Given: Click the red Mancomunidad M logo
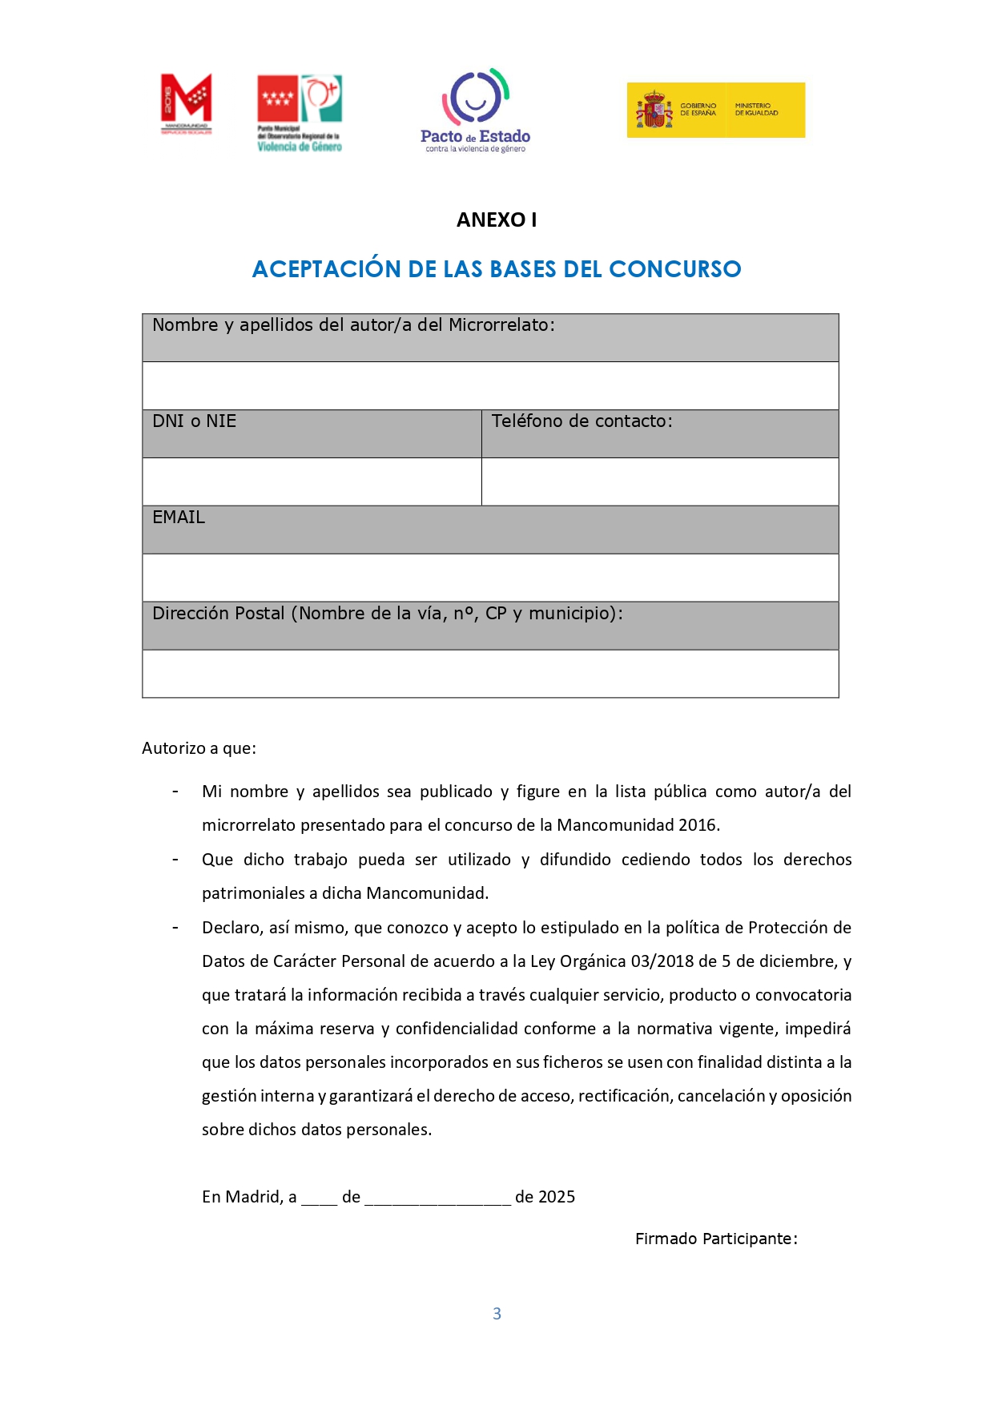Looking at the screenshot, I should click(186, 103).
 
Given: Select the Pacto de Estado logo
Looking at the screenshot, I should click(476, 110).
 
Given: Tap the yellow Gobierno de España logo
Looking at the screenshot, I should click(715, 110).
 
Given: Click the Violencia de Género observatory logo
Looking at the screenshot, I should click(300, 113).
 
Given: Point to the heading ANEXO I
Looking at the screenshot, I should click(497, 220).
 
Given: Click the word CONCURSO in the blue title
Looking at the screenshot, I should click(674, 269).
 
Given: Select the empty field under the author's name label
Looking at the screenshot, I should click(490, 385).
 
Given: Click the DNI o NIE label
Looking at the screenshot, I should click(195, 421).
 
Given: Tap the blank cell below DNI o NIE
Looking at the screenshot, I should click(312, 481).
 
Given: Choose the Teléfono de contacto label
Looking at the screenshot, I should click(582, 421).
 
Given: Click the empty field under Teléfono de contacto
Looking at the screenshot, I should click(660, 481).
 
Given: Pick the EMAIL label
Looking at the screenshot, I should click(179, 518).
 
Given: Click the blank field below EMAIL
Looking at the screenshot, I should click(490, 578).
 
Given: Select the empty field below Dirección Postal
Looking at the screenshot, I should click(490, 674).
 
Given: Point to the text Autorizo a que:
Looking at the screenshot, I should click(199, 748).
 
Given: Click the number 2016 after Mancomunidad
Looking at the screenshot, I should click(698, 825).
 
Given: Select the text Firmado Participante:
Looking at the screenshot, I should click(716, 1239).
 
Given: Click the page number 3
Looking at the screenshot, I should click(497, 1313).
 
